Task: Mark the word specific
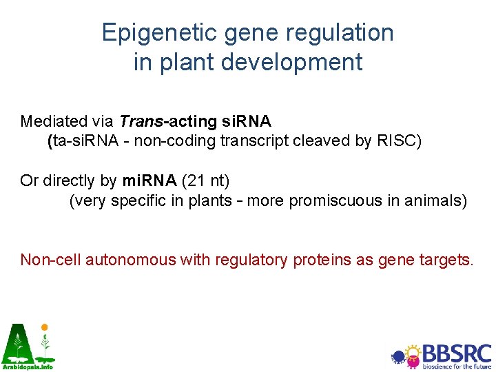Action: [x=138, y=200]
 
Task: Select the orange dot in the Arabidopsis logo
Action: [x=44, y=327]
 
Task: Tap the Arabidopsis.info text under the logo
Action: [x=27, y=367]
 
